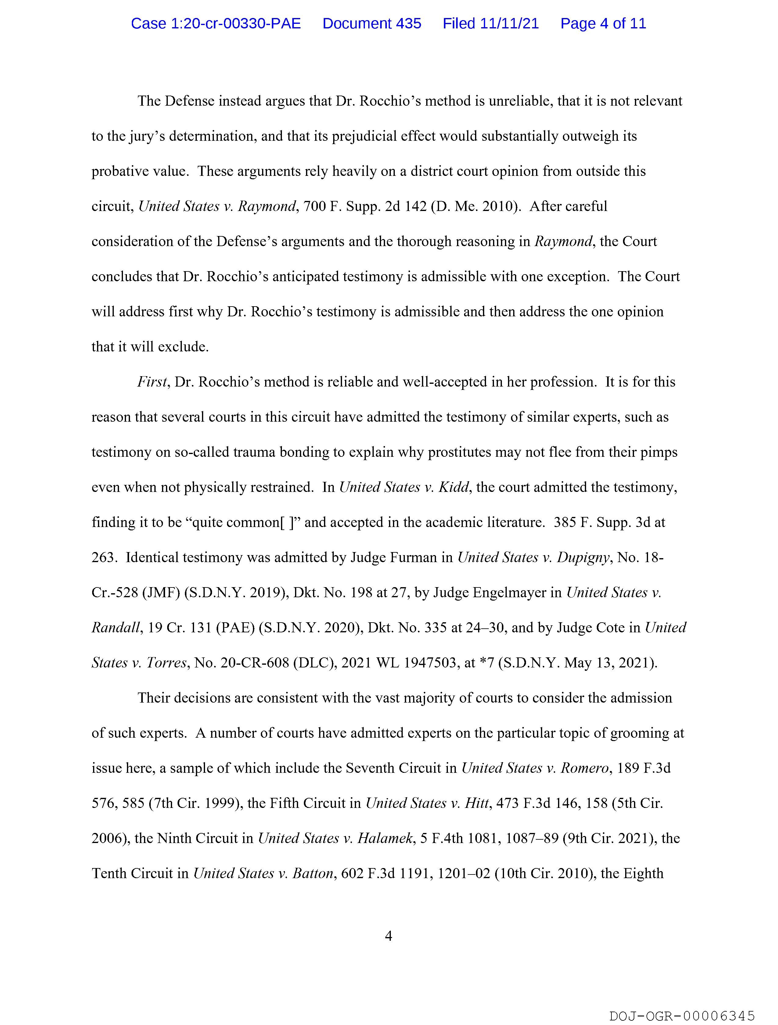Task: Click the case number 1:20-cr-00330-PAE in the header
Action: coord(216,23)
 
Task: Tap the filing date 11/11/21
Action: coord(510,23)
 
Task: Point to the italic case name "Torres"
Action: coord(167,663)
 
